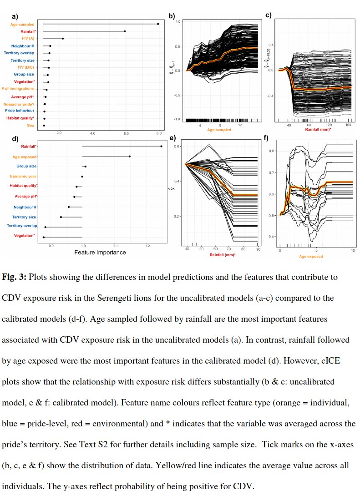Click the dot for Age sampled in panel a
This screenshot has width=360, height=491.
pos(158,24)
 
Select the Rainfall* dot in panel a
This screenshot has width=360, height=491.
pos(125,31)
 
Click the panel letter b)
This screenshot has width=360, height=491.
pos(172,16)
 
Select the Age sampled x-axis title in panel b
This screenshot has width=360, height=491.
pos(219,130)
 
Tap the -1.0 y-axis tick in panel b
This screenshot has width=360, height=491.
pos(177,119)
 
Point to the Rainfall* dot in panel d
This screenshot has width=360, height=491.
pos(162,146)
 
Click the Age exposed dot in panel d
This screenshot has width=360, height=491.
pos(130,157)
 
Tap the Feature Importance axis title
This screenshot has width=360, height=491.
pos(100,252)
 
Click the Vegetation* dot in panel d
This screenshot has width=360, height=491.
pos(44,237)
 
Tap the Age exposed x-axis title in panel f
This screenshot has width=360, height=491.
pos(311,256)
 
